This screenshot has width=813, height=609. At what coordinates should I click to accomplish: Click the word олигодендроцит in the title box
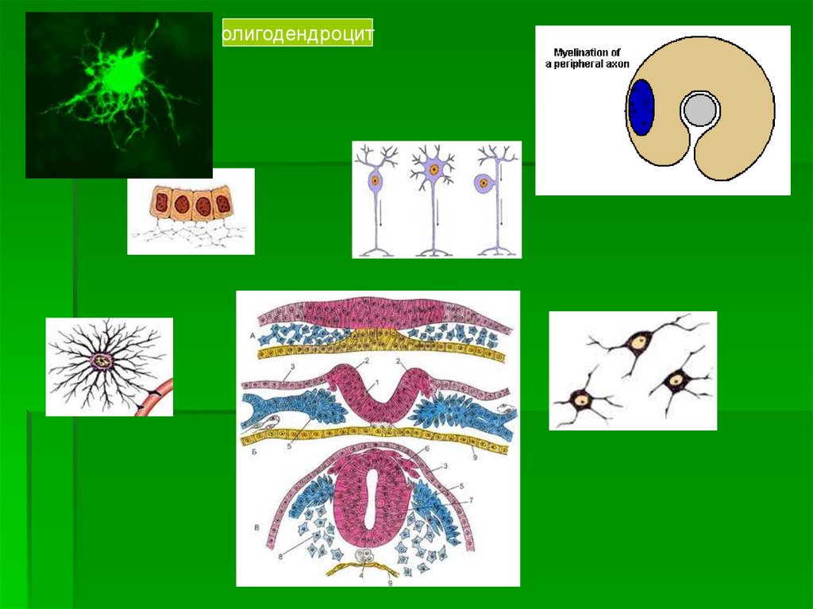[x=297, y=36]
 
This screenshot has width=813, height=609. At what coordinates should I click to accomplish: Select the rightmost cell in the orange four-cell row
[x=222, y=202]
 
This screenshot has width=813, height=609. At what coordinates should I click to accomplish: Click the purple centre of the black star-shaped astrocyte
[x=104, y=361]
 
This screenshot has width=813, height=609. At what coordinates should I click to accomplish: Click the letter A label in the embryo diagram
[x=253, y=337]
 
